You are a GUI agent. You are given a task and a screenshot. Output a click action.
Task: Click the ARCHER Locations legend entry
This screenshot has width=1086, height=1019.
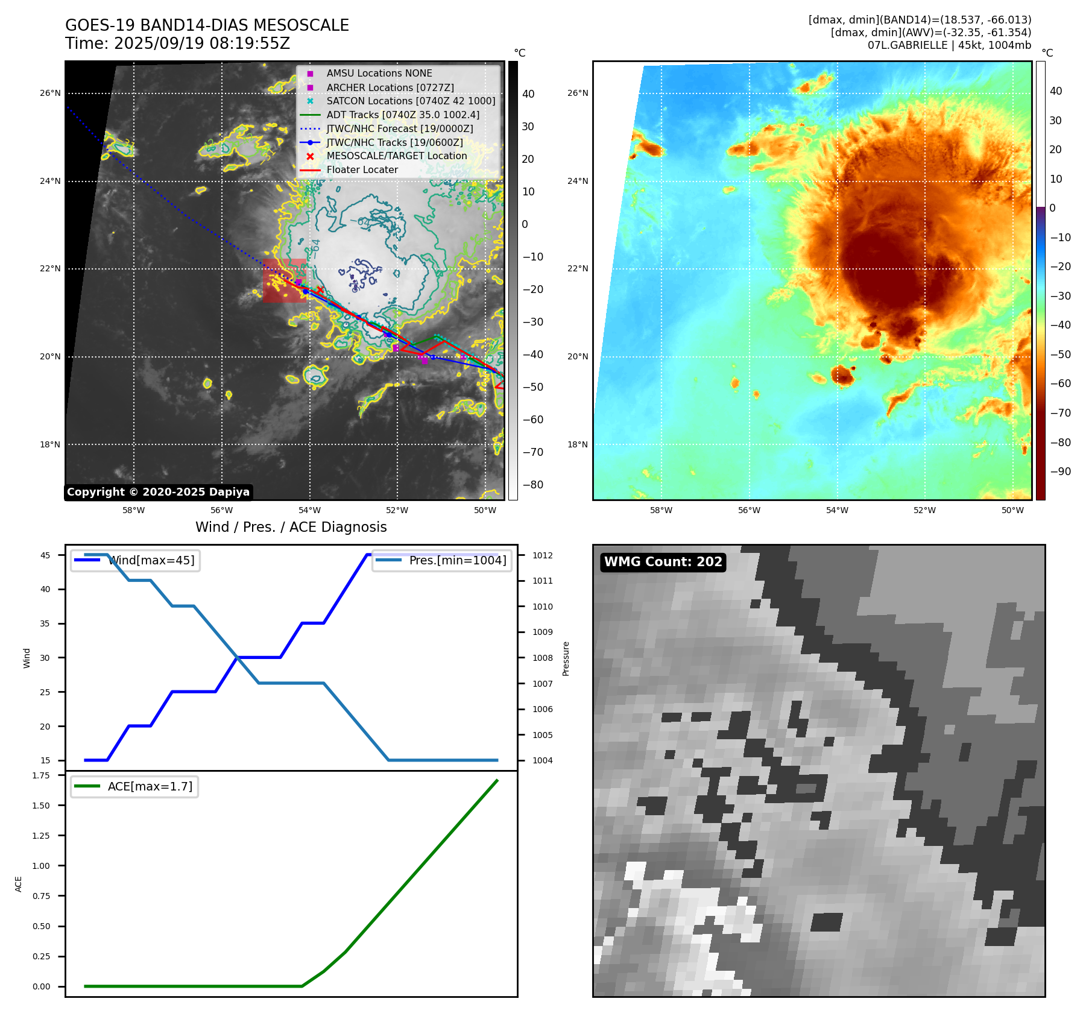[390, 87]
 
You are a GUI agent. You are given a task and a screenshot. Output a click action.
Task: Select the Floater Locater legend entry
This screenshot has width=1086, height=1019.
[362, 170]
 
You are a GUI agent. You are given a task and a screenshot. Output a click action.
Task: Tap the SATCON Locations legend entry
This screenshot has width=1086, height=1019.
[410, 101]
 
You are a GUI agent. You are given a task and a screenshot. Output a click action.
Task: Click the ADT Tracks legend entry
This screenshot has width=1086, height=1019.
[402, 115]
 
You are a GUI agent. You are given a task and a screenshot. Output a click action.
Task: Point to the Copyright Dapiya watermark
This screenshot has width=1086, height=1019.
[158, 492]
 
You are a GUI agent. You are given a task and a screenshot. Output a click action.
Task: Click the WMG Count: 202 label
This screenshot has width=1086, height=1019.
[663, 562]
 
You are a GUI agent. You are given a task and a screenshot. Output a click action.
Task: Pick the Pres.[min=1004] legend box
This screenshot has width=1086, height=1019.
[441, 560]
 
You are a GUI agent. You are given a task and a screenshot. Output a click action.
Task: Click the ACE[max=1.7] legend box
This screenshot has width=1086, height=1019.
[134, 786]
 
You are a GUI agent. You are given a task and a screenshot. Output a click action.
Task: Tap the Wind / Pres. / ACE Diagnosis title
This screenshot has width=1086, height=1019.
[291, 527]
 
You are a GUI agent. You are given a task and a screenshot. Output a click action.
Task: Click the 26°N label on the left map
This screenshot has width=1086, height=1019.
[50, 93]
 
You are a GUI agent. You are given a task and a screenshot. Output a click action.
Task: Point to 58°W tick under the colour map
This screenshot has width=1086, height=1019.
[661, 510]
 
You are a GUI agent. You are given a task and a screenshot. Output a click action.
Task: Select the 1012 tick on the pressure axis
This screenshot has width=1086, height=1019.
[542, 555]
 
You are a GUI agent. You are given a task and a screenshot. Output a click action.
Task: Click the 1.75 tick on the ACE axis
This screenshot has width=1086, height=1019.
[41, 775]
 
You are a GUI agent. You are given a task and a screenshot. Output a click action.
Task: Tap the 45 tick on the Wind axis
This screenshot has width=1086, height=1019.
[45, 555]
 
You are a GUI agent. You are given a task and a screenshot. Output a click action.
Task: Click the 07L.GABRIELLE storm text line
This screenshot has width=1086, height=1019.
[949, 45]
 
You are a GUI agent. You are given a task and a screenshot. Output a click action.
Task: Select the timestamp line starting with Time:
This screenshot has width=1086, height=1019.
[177, 43]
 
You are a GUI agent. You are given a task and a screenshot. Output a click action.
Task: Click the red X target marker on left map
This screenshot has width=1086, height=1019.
[320, 290]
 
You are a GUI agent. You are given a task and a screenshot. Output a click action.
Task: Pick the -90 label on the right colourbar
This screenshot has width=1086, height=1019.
[1060, 472]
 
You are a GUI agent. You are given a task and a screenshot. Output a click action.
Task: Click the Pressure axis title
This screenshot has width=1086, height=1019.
[566, 658]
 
